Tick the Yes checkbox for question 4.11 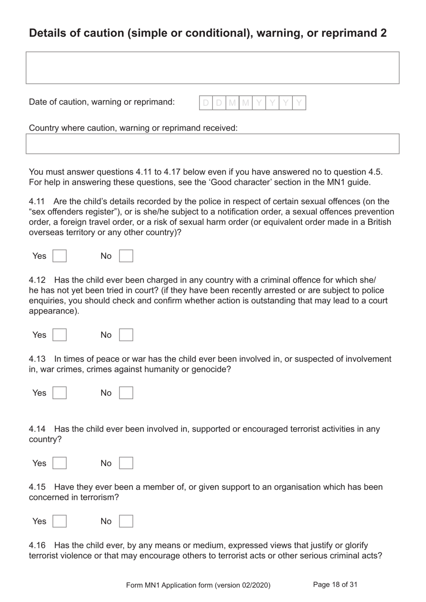point(60,256)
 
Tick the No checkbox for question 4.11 point(126,256)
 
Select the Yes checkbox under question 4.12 point(60,335)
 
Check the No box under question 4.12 point(126,335)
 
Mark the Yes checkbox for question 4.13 point(60,393)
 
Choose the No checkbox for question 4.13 point(126,393)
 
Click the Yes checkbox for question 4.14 point(60,463)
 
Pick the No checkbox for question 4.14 point(126,463)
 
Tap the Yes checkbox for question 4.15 point(60,521)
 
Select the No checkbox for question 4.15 point(126,521)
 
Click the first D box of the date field point(206,103)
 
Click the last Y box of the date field point(299,103)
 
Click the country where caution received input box point(213,144)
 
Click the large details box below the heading point(213,68)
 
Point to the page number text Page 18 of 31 point(335,585)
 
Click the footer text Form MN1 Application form point(198,585)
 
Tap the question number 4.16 point(37,545)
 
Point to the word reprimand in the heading point(348,33)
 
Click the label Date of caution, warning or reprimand point(102,102)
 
